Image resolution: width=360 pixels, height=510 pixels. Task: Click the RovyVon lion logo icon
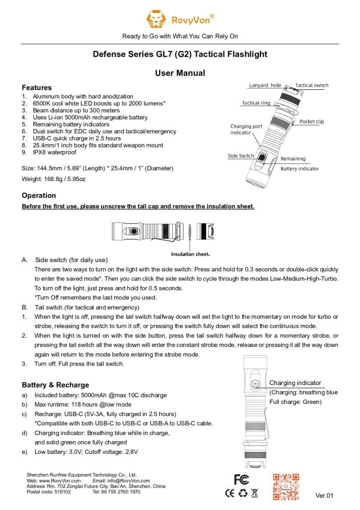[156, 19]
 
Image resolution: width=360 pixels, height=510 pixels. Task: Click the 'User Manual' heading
[180, 73]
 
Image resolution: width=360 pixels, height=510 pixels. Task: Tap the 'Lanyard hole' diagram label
[265, 85]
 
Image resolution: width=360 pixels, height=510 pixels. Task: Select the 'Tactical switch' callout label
[312, 85]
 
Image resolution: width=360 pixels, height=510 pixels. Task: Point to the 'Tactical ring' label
[256, 103]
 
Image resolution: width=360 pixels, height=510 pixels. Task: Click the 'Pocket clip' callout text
[312, 121]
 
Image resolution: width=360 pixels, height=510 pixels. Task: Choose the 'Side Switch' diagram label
[241, 156]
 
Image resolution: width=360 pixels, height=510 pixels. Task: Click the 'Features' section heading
[37, 88]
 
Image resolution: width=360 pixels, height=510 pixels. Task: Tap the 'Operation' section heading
[39, 195]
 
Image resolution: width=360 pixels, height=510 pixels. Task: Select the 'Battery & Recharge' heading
[55, 385]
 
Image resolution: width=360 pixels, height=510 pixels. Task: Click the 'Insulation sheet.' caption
[190, 254]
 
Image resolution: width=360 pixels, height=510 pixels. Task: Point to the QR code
[286, 487]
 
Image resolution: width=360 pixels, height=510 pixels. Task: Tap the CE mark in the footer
[230, 493]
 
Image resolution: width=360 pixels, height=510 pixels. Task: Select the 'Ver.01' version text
[324, 495]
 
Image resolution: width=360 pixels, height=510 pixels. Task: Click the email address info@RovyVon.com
[129, 480]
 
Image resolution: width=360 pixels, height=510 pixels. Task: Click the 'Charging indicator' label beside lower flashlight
[295, 383]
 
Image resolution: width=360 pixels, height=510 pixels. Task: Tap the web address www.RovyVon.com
[60, 480]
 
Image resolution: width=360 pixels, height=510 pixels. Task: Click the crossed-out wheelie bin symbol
[254, 493]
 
